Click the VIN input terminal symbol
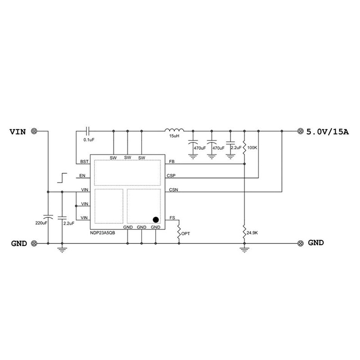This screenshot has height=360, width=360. (34, 131)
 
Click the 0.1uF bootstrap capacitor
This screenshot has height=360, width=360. (89, 131)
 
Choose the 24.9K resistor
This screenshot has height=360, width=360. (244, 232)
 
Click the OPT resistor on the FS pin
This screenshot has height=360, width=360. (179, 233)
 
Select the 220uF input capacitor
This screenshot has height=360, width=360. (48, 217)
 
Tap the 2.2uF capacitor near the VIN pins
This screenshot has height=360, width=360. (62, 217)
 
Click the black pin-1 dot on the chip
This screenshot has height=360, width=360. (156, 220)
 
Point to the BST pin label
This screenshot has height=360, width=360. (84, 162)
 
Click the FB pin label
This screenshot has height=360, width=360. (171, 162)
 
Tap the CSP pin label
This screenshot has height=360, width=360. (171, 176)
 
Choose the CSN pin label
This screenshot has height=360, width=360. (173, 190)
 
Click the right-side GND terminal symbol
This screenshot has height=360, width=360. (301, 243)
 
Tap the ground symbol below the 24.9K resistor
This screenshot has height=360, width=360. (244, 248)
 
